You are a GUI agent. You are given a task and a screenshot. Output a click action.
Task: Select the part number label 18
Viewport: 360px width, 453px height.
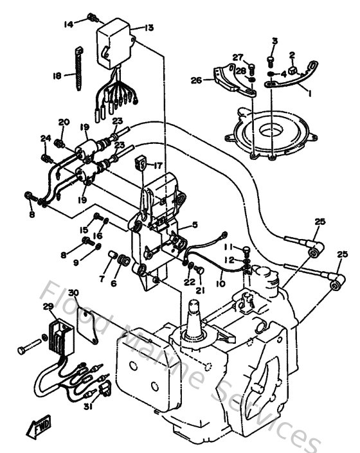57,75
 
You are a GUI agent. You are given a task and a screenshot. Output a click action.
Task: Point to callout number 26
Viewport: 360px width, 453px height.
197,80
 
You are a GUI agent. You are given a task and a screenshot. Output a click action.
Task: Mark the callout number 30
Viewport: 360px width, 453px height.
74,293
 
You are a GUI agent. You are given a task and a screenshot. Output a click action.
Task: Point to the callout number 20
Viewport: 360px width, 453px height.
64,122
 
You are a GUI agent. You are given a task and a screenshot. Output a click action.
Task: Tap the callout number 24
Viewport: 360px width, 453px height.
45,138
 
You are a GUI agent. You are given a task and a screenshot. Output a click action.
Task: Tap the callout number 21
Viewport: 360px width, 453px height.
200,290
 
